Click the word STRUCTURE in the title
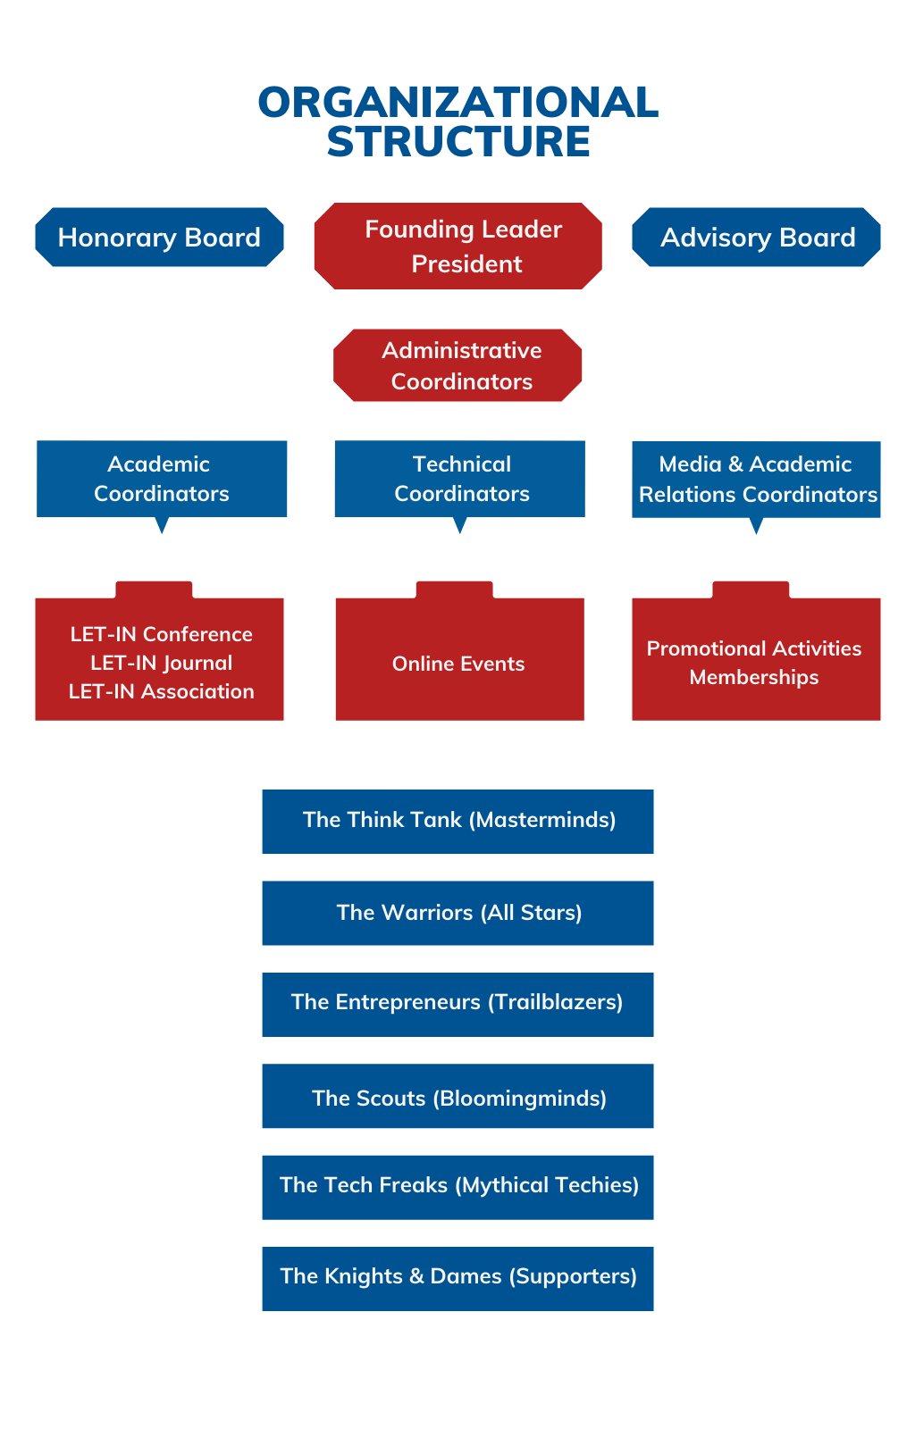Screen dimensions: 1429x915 point(458,142)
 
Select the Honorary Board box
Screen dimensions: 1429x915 point(159,238)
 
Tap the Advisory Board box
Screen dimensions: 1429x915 point(757,238)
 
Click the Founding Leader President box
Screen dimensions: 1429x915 point(458,247)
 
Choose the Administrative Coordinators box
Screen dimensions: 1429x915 point(458,365)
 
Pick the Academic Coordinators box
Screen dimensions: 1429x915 point(162,479)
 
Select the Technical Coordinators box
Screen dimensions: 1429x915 point(460,479)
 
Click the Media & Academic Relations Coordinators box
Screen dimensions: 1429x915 point(757,480)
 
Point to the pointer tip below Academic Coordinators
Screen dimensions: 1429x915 point(162,530)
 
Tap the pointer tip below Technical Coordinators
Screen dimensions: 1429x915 point(460,530)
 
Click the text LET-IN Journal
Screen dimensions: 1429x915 point(162,663)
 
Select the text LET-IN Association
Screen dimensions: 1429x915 point(162,691)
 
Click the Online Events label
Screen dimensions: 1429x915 point(458,664)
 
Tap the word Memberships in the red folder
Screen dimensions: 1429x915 point(754,677)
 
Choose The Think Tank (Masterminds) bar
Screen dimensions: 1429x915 point(458,821)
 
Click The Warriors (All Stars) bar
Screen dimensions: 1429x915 point(458,913)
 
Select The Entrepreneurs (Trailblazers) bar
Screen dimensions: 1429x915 point(458,1004)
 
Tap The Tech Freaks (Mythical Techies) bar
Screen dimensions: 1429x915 point(458,1187)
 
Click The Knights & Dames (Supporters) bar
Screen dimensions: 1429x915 point(458,1278)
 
